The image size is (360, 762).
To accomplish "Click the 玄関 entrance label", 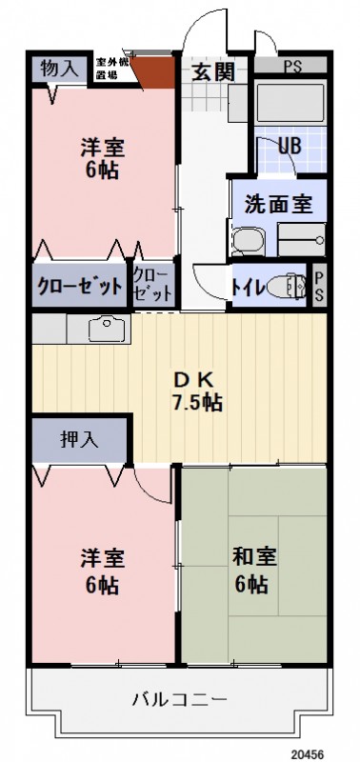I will (x=210, y=70).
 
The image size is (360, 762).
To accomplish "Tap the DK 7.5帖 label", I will (x=197, y=390).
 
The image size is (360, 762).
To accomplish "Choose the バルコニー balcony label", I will (x=179, y=700).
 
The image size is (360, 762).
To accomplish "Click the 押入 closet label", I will (x=79, y=439).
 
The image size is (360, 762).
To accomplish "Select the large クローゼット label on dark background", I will (x=79, y=286).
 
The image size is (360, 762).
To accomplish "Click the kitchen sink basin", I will (x=109, y=331).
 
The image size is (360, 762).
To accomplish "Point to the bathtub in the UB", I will (x=289, y=100).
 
